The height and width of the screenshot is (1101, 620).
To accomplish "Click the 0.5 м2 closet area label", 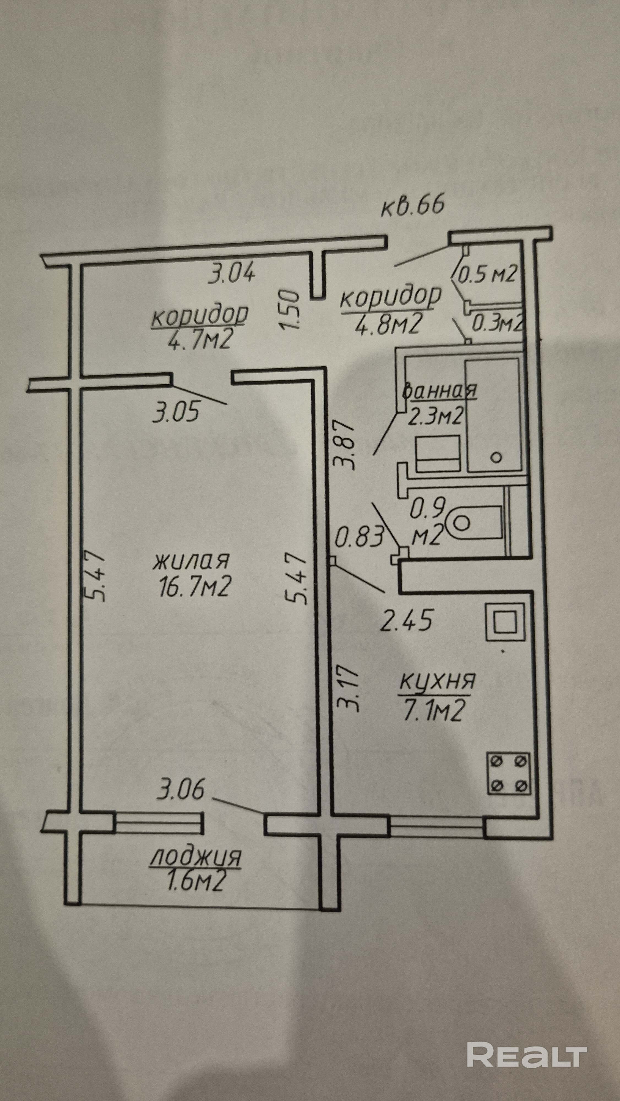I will [488, 274].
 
